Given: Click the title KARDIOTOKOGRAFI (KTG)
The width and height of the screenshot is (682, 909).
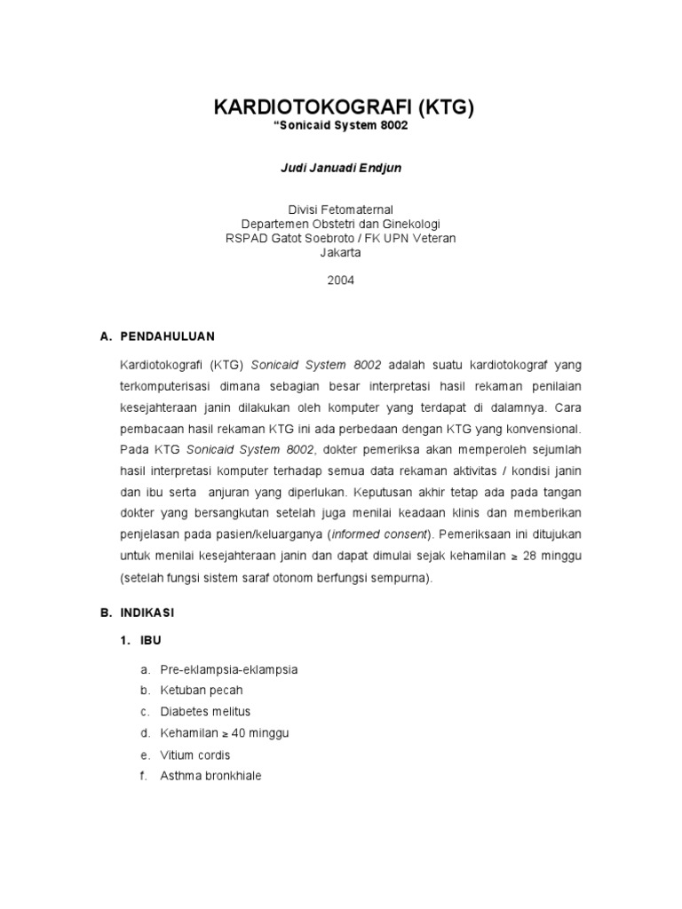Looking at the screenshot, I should [345, 108].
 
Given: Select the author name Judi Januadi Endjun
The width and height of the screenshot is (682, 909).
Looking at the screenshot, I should [341, 168].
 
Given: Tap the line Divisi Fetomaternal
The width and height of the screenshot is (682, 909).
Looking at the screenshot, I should [341, 209].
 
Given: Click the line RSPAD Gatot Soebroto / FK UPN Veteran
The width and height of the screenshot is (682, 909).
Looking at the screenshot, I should [341, 238].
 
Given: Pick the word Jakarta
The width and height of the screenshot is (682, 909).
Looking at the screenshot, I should [341, 252].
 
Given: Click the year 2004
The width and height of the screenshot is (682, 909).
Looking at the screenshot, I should [341, 280].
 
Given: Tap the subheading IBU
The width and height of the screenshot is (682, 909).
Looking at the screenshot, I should [152, 641].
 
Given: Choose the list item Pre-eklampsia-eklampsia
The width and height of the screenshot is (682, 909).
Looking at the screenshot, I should [229, 669].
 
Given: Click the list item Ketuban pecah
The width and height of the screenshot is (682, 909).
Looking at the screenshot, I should [202, 690].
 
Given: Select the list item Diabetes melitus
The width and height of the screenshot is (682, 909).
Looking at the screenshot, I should [206, 711].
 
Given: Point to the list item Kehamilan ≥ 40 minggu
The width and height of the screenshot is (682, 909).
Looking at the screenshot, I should [225, 733].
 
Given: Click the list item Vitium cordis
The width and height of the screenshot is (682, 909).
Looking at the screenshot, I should [195, 755].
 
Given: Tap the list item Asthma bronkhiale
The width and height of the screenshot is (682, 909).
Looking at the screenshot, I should [211, 776].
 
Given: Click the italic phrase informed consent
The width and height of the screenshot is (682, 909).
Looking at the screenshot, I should [379, 534].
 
